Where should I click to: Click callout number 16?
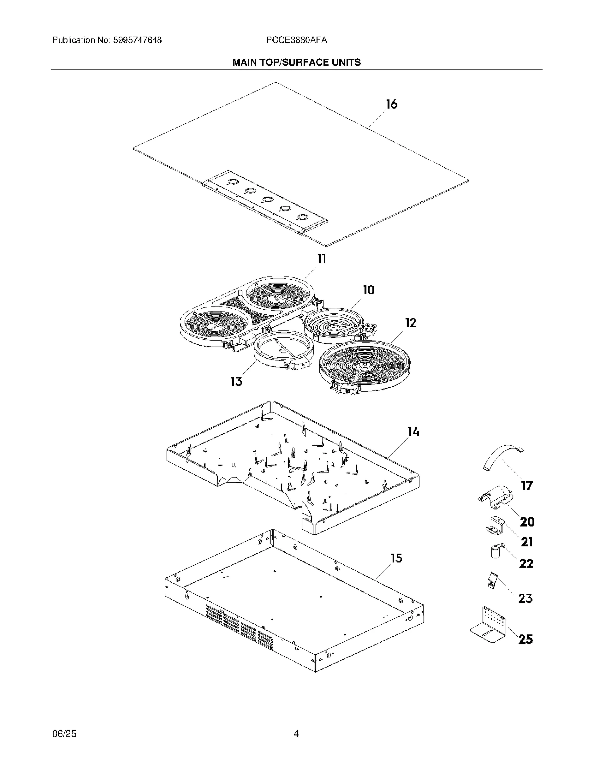(391, 104)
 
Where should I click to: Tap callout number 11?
(321, 259)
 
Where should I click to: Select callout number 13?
(236, 381)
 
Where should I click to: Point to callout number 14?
(413, 432)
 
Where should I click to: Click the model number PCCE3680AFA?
(296, 40)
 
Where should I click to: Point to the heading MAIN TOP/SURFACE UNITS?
(296, 62)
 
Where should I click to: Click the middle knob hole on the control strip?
(267, 200)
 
